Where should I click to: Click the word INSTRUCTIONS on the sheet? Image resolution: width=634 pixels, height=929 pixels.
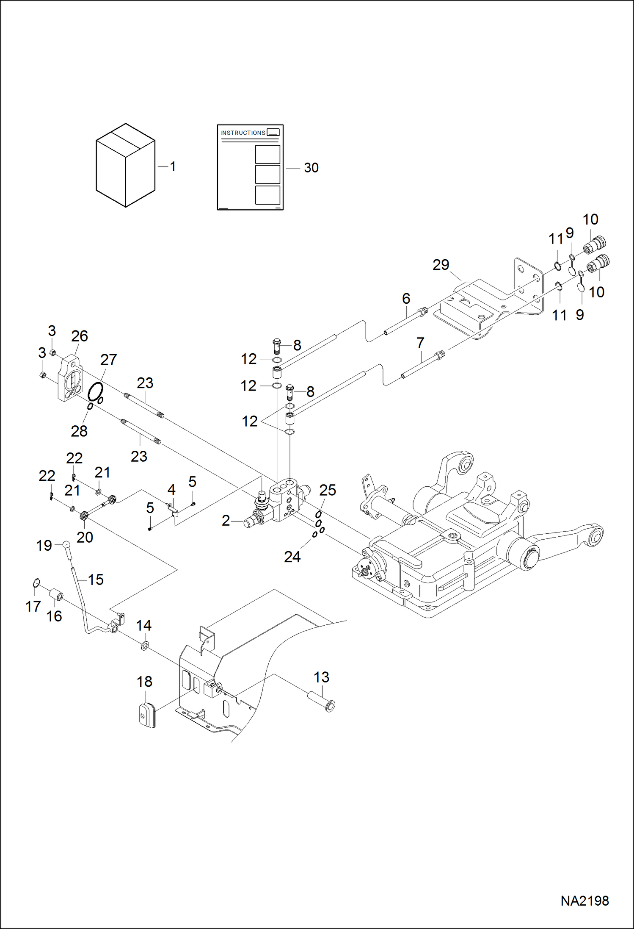243,133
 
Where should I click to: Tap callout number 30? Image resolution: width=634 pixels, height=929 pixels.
311,168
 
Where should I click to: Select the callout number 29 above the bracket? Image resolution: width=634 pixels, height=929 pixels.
441,265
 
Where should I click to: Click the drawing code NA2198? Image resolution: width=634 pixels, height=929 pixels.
584,901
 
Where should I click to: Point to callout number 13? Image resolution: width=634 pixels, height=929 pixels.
321,677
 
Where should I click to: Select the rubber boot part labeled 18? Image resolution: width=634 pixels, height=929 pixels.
147,715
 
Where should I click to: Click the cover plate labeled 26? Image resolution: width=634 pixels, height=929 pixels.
69,380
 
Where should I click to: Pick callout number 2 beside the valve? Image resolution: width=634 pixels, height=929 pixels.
226,521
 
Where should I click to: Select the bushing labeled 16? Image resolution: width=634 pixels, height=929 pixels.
57,595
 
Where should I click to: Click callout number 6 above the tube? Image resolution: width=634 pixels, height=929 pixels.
406,298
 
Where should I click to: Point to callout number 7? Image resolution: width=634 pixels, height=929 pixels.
420,343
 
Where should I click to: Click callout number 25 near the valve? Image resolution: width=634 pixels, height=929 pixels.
328,490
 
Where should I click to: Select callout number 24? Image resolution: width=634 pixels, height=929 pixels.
292,557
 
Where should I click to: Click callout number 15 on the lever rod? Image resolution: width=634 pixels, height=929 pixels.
96,580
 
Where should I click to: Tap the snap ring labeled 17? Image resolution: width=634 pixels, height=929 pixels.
36,583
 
